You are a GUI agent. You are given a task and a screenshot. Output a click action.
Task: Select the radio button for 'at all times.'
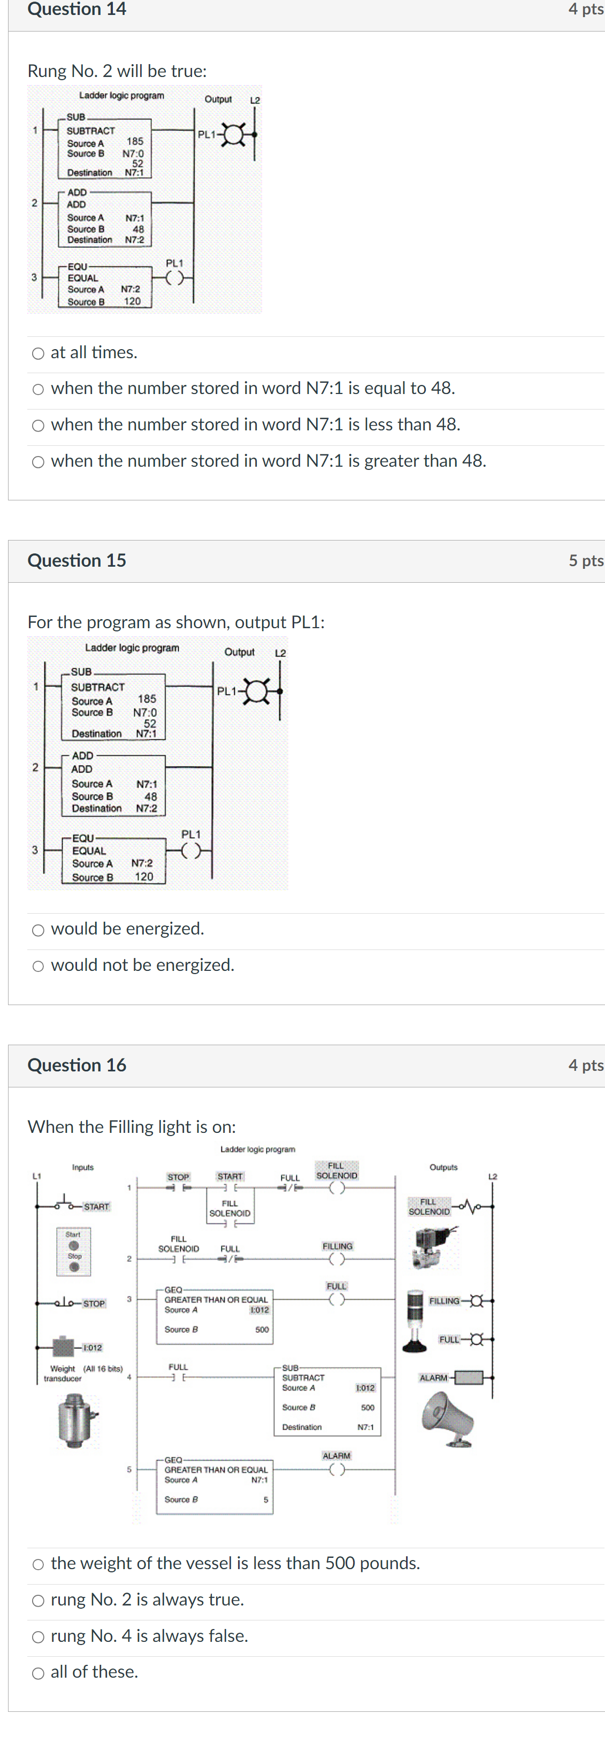(39, 353)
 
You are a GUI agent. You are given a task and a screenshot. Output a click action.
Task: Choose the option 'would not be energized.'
(39, 966)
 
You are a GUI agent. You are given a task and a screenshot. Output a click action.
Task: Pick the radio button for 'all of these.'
(39, 1673)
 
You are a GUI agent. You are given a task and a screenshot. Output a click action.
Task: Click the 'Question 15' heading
(77, 560)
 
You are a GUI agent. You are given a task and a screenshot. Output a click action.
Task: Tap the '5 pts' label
(585, 560)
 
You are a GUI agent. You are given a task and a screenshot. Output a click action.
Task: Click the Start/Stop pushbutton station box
(73, 1251)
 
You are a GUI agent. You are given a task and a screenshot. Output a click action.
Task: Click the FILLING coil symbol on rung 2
(336, 1259)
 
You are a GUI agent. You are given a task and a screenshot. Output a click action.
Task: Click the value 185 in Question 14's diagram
(135, 141)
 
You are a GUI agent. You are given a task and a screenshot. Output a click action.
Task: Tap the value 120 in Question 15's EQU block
(144, 877)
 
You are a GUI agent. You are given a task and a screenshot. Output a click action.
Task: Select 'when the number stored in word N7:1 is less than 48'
(39, 426)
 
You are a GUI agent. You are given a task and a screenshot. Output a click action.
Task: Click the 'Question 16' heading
(77, 1065)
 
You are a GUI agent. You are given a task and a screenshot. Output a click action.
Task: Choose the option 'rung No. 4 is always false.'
(39, 1636)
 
